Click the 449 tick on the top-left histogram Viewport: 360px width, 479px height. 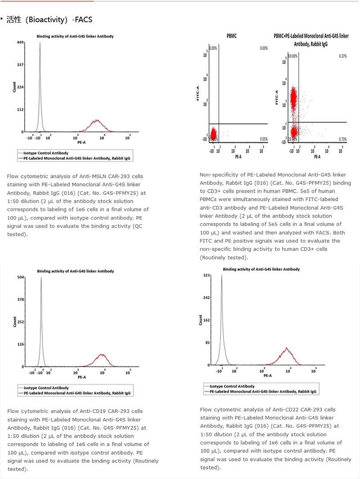point(20,42)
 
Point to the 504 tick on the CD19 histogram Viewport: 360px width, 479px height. point(20,278)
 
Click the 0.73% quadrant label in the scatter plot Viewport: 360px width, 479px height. point(342,139)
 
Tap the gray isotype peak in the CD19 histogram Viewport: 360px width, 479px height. point(41,279)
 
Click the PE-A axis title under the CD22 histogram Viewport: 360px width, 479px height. point(267,375)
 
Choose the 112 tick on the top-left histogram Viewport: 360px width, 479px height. point(20,109)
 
